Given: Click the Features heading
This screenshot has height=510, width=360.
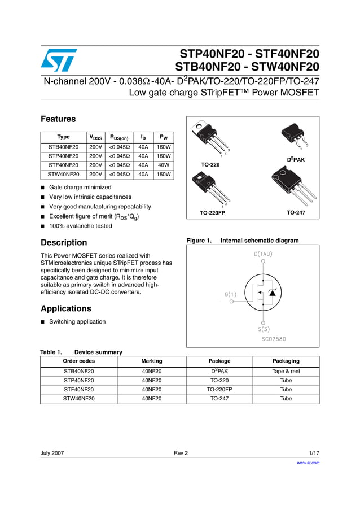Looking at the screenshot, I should tap(58, 119).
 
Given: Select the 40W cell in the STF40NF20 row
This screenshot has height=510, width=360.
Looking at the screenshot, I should tap(164, 165).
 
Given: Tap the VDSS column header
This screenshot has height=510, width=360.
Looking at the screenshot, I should tap(96, 137).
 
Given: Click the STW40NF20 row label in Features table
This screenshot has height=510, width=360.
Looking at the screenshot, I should tap(64, 175).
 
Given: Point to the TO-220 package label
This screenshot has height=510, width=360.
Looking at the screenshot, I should tap(210, 164).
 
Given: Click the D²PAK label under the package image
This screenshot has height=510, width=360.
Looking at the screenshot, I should tap(296, 160).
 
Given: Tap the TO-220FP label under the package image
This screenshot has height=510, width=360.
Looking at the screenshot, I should tap(212, 213).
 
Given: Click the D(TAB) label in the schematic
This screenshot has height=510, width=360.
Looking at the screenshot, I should tap(263, 254).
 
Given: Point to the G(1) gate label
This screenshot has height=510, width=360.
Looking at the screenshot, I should tap(231, 294).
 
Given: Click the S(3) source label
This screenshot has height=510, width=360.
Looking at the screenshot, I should tap(264, 329).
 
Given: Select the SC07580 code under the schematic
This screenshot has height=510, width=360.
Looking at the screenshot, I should tap(274, 339).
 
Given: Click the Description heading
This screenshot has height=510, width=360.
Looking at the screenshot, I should tap(64, 242).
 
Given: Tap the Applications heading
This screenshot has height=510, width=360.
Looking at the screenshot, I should tap(65, 308).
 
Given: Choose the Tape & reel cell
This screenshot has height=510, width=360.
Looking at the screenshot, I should tap(286, 372).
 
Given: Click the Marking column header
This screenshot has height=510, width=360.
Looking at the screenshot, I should tap(152, 361).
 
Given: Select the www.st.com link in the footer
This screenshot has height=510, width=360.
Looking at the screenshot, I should tap(308, 463).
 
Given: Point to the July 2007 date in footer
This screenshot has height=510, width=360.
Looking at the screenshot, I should tap(52, 453).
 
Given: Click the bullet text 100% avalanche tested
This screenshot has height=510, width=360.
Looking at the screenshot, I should tap(80, 226).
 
